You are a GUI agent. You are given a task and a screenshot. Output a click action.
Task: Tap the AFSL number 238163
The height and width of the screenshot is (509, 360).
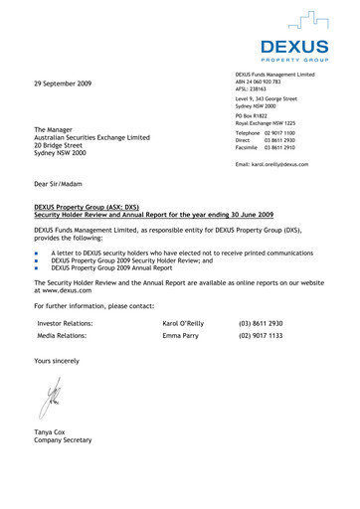tap(266, 90)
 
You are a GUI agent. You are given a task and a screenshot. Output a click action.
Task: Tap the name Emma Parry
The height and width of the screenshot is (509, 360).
tap(180, 336)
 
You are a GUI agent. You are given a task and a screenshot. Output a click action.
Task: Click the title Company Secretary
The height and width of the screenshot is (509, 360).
tap(63, 440)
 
